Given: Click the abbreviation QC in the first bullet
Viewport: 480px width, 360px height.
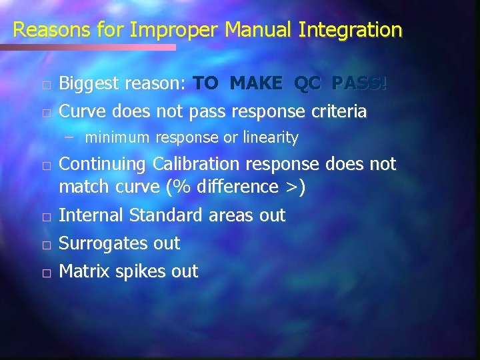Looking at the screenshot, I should [x=307, y=83].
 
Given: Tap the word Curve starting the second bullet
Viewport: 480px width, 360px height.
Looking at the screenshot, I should [x=82, y=111].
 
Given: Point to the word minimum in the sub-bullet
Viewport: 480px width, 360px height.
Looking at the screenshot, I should [x=118, y=138].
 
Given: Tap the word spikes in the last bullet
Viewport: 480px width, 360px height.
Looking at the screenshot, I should [x=141, y=272].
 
